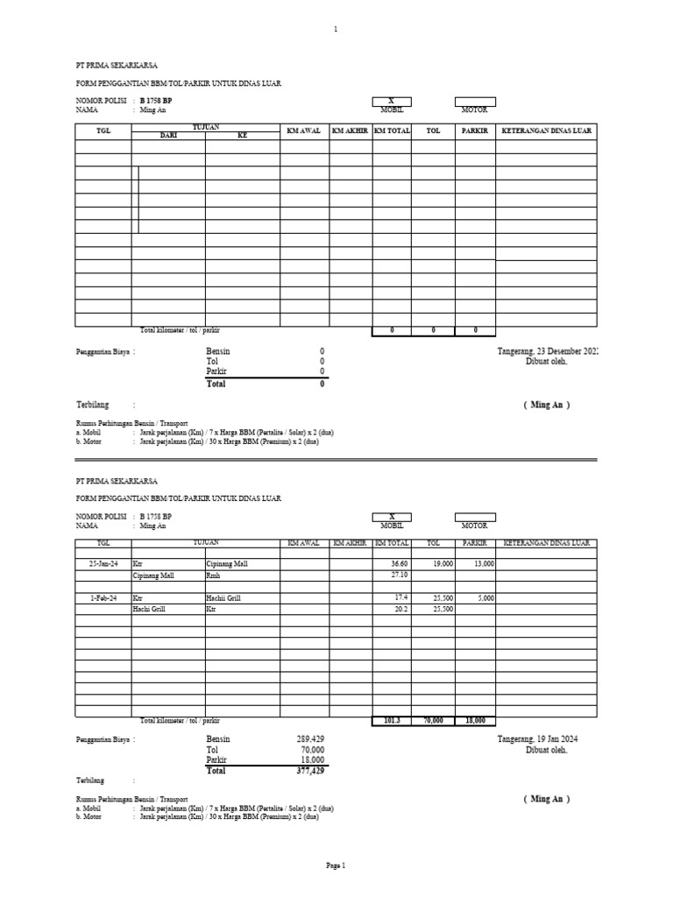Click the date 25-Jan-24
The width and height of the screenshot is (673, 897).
(x=103, y=564)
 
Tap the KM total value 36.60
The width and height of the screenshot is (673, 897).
(x=400, y=564)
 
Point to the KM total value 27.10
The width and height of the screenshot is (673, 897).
(x=400, y=576)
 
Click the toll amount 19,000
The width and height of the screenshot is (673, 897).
(x=443, y=564)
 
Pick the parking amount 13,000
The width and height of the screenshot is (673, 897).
(x=484, y=564)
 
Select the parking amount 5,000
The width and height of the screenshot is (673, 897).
(x=486, y=597)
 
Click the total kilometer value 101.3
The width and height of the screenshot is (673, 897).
(x=392, y=720)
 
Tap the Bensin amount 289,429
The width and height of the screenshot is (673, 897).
(x=310, y=740)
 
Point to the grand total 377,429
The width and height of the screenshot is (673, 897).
(x=310, y=771)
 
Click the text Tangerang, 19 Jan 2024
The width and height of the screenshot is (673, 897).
(x=537, y=740)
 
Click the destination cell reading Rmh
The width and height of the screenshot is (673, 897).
(x=213, y=576)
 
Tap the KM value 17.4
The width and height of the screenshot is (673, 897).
(x=402, y=597)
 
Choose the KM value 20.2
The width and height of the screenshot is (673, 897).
(x=402, y=608)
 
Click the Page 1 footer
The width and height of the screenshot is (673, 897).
(x=336, y=865)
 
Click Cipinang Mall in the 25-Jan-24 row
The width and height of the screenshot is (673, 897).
(x=226, y=564)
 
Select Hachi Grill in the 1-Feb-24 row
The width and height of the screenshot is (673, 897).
(x=223, y=597)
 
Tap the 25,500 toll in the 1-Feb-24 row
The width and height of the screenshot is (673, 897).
(x=443, y=597)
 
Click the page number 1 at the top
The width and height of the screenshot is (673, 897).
(x=336, y=30)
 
